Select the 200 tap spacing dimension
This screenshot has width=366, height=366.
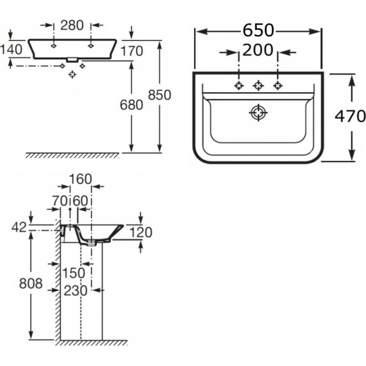pos(258,51)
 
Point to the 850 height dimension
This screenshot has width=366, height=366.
pos(159,95)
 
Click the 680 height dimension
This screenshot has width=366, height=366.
pos(131,105)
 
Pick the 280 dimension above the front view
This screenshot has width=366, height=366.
pos(72,25)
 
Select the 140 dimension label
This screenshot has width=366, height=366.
pos(12,49)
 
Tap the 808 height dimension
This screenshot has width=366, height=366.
pos(30,283)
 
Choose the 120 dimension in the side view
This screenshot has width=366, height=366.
pos(140,232)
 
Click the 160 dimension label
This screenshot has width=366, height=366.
pos(81,179)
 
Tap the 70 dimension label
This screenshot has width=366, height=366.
pos(59,199)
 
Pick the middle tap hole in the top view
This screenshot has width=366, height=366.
pos(258,85)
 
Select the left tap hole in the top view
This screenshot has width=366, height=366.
pos(239,85)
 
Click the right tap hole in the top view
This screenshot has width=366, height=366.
pos(278,85)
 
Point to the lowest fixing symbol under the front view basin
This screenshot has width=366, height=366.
pos(73,74)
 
